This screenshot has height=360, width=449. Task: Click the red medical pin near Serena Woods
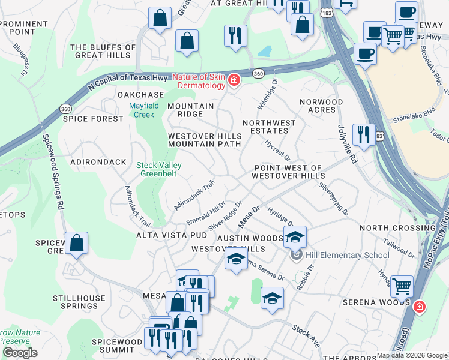tap(419, 307)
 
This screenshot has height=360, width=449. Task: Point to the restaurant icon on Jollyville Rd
tap(363, 135)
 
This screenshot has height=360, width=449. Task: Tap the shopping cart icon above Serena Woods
tap(402, 286)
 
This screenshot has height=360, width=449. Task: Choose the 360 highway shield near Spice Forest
tap(65, 109)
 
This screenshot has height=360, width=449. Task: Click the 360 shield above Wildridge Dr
tap(258, 73)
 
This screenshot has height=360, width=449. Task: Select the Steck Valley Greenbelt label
tap(158, 169)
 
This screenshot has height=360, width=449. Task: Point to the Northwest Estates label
tap(269, 127)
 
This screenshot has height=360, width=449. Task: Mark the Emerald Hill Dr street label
tap(205, 214)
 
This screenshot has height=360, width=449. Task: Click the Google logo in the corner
tap(19, 353)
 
